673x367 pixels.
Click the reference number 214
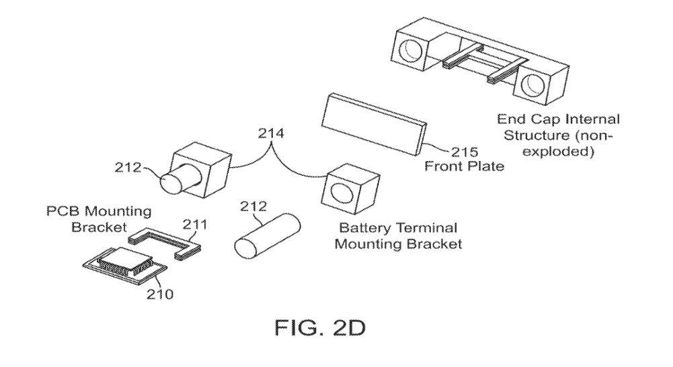click(271, 134)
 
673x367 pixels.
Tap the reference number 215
click(465, 152)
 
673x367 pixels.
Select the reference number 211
click(195, 224)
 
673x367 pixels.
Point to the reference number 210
click(160, 294)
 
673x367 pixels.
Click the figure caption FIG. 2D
click(320, 328)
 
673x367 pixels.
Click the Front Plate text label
click(465, 166)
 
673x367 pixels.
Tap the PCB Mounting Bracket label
click(99, 219)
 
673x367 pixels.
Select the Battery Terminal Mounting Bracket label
click(398, 236)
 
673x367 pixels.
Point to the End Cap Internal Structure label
click(559, 136)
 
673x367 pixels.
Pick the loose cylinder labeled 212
click(267, 235)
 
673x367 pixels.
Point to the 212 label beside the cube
click(128, 167)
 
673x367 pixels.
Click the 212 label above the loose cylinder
click(253, 207)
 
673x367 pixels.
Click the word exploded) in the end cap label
click(559, 152)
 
